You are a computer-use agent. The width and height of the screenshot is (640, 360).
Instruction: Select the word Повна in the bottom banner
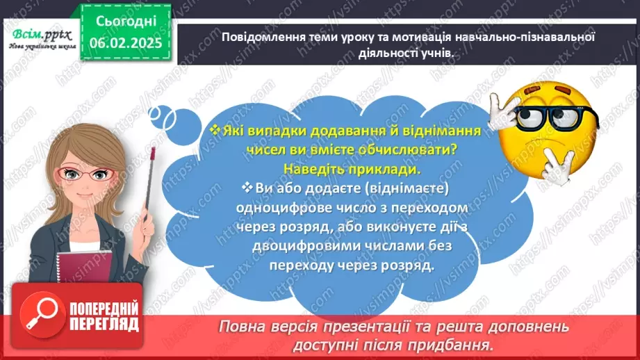click(x=242, y=327)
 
